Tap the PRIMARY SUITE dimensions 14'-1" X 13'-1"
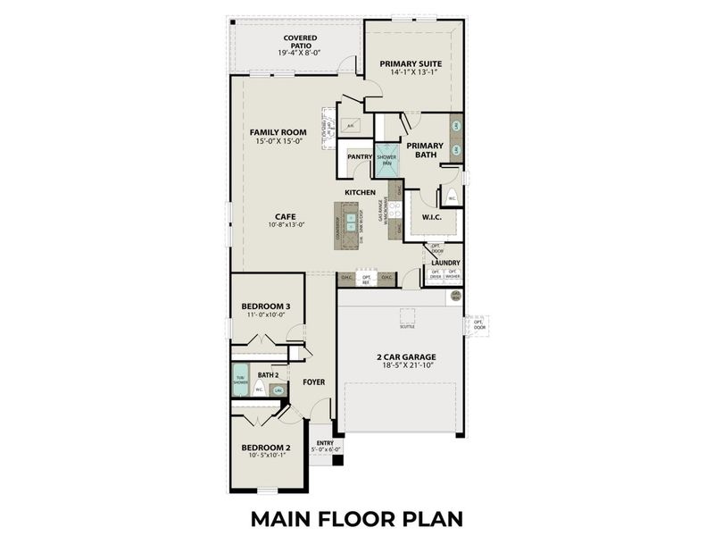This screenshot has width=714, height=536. (x=411, y=72)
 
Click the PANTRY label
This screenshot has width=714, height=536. (x=360, y=155)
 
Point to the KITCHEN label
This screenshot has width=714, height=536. (x=361, y=193)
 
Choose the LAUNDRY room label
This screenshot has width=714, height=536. (x=445, y=263)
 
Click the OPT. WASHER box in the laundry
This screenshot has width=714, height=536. (x=452, y=276)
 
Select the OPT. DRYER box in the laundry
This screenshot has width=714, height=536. (x=436, y=276)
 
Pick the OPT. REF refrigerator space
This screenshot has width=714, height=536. (x=366, y=279)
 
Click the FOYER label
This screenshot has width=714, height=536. (x=313, y=382)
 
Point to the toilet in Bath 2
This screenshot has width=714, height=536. (x=260, y=389)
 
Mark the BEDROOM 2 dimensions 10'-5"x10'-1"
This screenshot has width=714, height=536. (x=265, y=456)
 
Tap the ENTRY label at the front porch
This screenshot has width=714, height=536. (x=324, y=442)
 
